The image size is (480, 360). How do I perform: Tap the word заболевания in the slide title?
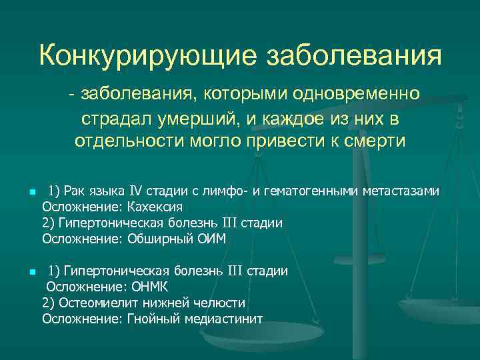coord(353,54)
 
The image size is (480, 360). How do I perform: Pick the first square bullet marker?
coord(31,193)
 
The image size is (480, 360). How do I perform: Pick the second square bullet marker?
coord(31,273)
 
